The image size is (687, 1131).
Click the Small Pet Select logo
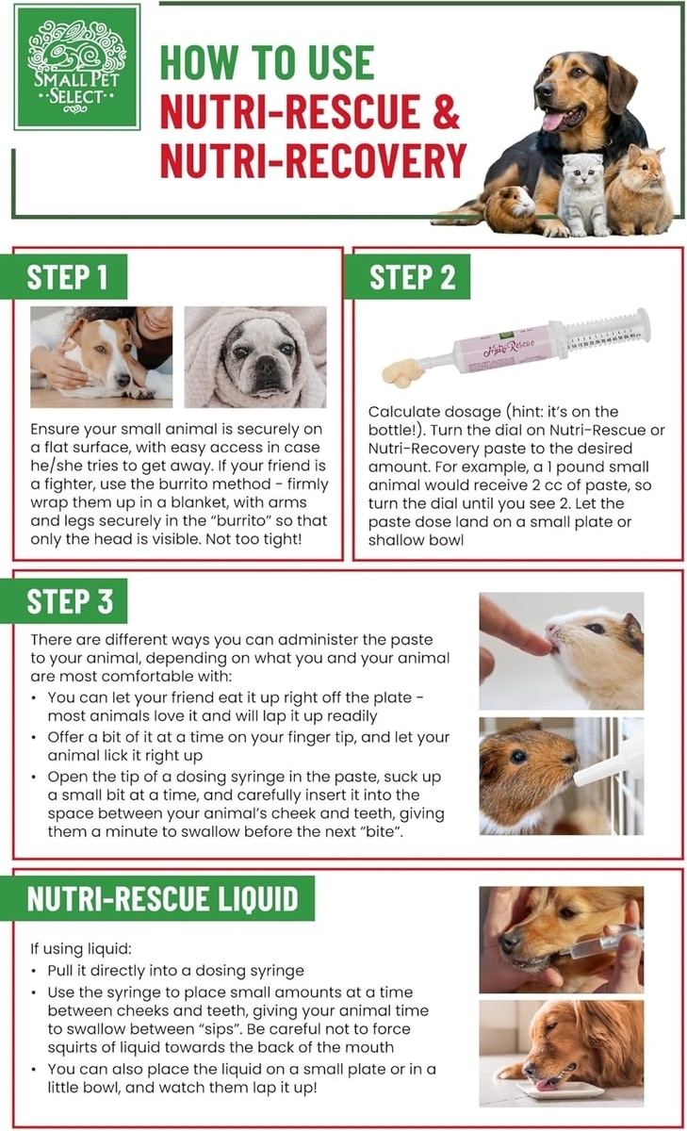coord(76,67)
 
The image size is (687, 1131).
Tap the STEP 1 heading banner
coord(63,277)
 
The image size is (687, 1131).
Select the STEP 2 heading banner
coord(408,277)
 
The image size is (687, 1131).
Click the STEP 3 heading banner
coord(63,601)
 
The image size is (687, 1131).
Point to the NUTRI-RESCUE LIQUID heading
coord(157,898)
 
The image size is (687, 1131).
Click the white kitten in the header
coord(582,194)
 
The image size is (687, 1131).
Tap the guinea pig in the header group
coord(510,208)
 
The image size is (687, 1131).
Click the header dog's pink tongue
coord(554,122)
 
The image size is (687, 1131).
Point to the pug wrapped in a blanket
coord(255,357)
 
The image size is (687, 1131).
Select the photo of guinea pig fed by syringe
coord(562,776)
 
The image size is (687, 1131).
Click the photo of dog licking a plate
coord(562,1054)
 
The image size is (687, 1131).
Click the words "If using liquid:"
coord(81,948)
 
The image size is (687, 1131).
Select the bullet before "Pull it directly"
coord(33,971)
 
